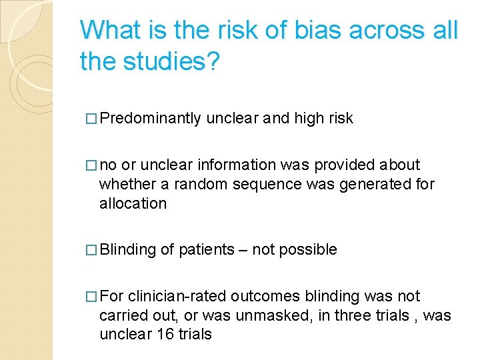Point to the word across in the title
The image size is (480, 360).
387,31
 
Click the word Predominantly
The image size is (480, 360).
152,119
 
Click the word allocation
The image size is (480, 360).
133,203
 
